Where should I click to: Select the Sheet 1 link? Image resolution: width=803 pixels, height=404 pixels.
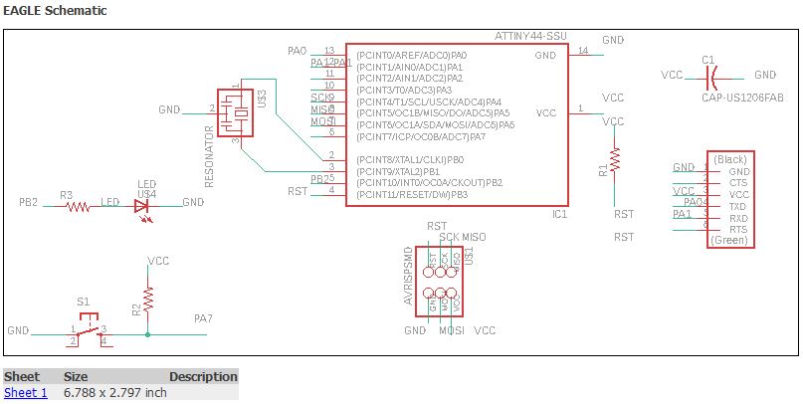point(25,392)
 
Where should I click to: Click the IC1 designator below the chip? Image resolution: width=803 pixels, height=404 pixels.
point(559,214)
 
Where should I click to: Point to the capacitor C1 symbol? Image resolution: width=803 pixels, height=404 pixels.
point(709,76)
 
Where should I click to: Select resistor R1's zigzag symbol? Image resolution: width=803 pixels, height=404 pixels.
point(615,159)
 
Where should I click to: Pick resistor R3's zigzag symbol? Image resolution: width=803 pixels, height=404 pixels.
point(78,206)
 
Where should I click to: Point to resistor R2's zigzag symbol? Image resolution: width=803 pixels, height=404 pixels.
point(148,298)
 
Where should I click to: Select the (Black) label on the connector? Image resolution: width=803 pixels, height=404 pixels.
point(730,159)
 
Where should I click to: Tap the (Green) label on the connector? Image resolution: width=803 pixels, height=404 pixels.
point(730,240)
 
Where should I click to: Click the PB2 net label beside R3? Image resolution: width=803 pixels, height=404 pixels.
point(28,202)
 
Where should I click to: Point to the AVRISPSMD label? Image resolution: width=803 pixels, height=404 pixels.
point(409,276)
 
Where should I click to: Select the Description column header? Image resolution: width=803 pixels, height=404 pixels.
point(203,377)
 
